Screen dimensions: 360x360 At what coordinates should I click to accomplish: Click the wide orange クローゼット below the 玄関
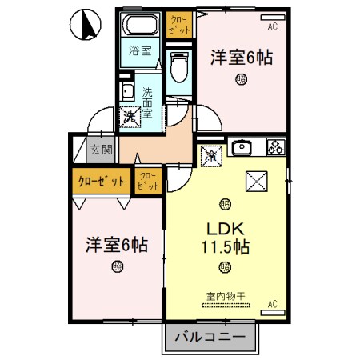(x=101, y=181)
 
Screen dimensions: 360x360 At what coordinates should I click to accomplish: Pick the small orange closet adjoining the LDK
(x=147, y=180)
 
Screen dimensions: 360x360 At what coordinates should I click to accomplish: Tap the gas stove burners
(x=275, y=147)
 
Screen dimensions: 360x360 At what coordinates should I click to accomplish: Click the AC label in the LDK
(x=273, y=304)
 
